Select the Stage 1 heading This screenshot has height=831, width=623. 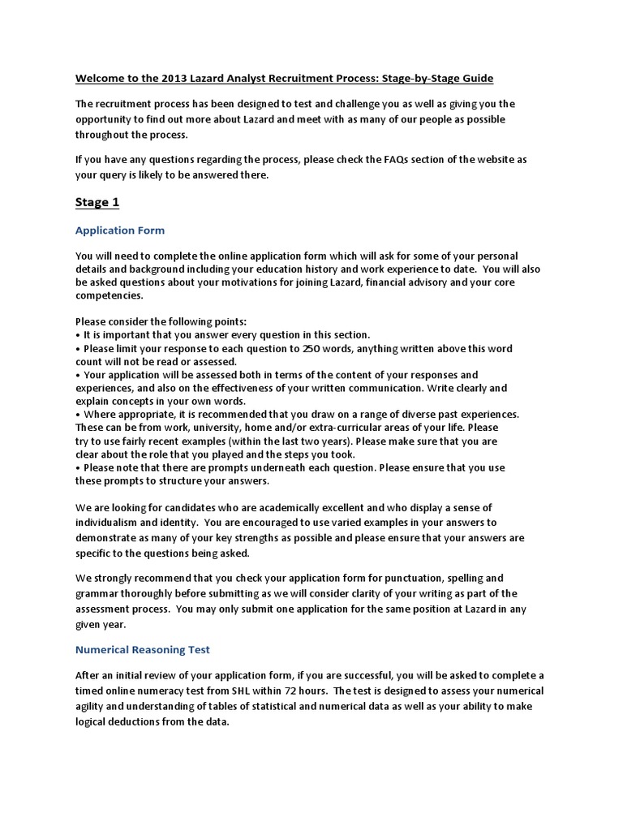click(97, 202)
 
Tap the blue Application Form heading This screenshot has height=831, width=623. click(120, 230)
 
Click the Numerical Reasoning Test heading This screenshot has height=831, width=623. click(142, 649)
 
